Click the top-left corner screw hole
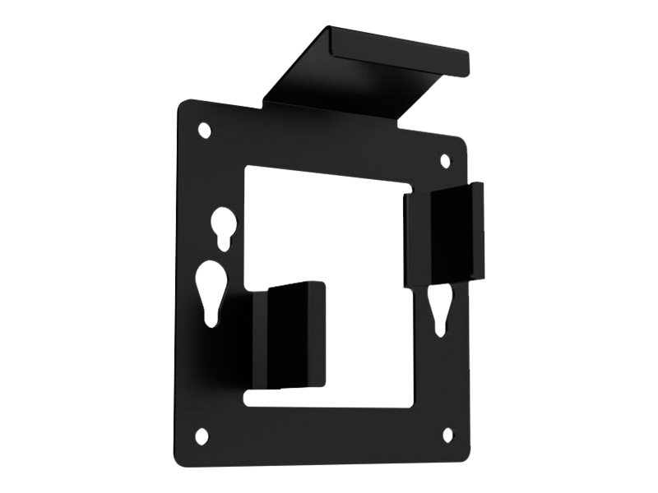[205, 130]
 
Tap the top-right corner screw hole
[446, 159]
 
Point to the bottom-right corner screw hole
[448, 435]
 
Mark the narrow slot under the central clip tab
[329, 397]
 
